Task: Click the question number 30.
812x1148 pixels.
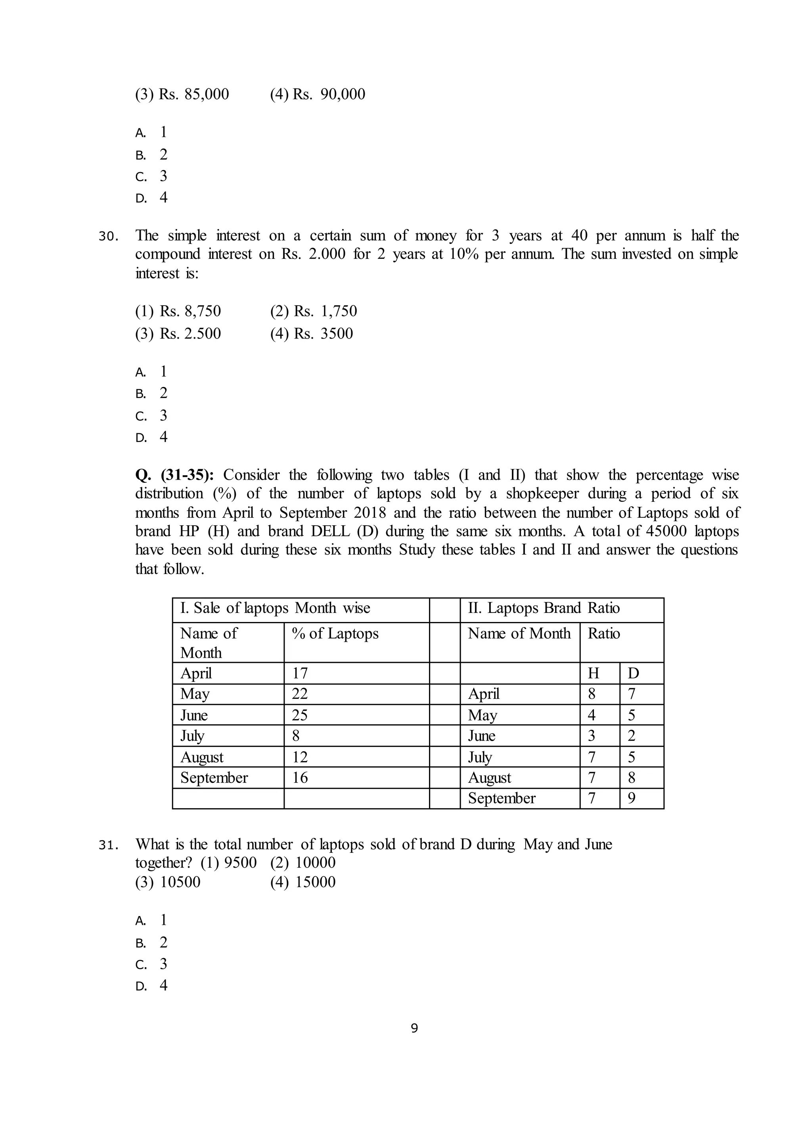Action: pyautogui.click(x=108, y=236)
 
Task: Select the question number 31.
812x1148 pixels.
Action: pyautogui.click(x=108, y=846)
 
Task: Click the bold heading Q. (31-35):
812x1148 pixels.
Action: pyautogui.click(x=174, y=475)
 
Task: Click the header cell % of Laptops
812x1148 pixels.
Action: pyautogui.click(x=335, y=633)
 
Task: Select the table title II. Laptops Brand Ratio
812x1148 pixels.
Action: pyautogui.click(x=544, y=608)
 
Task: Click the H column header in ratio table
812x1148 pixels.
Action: pyautogui.click(x=593, y=673)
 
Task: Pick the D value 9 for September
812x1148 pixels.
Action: pyautogui.click(x=632, y=798)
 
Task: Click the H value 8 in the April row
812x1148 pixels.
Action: pyautogui.click(x=592, y=694)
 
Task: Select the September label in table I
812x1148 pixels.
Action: pyautogui.click(x=214, y=777)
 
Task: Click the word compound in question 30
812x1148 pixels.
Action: pyautogui.click(x=167, y=254)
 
